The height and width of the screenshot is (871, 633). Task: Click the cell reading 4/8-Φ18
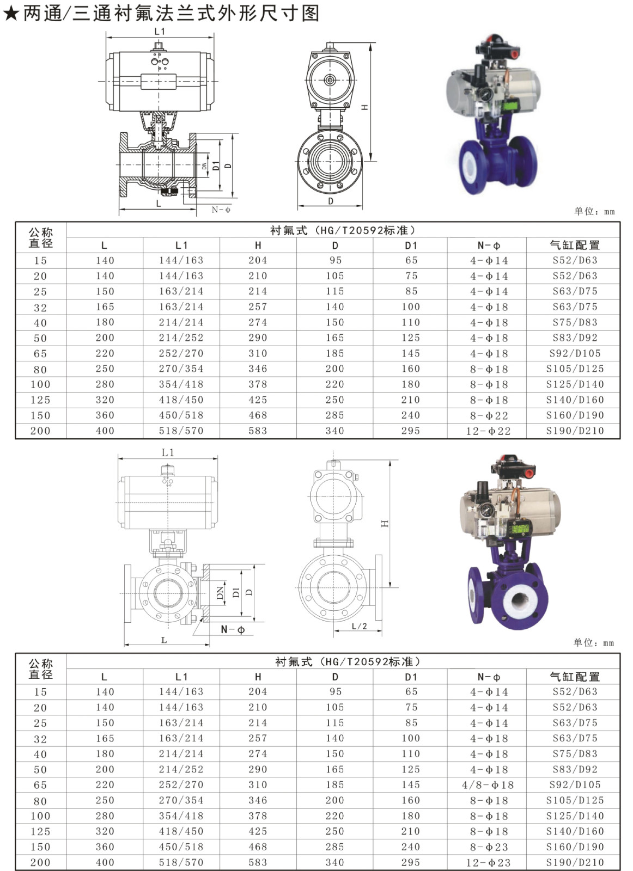(x=488, y=784)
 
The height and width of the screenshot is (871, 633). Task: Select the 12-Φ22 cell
(x=488, y=431)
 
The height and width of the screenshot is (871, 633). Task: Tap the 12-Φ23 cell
(x=488, y=862)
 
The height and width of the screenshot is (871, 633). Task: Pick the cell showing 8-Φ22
(x=489, y=415)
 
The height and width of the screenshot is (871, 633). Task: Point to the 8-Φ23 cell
(x=489, y=847)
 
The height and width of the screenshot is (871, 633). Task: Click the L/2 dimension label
(x=359, y=626)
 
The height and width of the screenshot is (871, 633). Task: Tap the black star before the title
(x=11, y=14)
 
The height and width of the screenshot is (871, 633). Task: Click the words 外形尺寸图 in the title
(x=268, y=13)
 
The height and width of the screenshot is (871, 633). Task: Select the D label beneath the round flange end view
(x=330, y=201)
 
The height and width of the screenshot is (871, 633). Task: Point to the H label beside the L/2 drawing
(x=385, y=524)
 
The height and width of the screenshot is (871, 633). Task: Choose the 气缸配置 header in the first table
(x=575, y=246)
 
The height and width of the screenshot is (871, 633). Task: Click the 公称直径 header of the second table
(x=40, y=669)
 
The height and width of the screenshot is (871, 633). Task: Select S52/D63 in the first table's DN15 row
(x=575, y=260)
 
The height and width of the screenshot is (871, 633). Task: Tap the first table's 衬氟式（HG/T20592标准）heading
(x=343, y=230)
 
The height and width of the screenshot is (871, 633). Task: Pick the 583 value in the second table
(x=258, y=862)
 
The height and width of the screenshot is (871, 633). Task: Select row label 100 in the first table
(x=40, y=384)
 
